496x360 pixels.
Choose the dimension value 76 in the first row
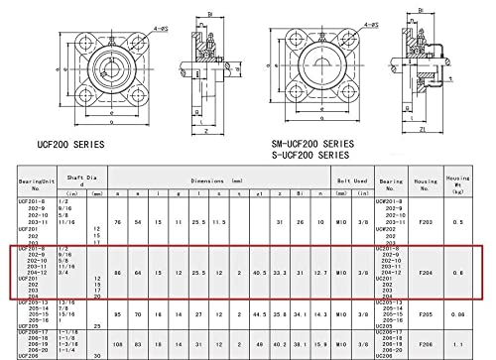[118, 221]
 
